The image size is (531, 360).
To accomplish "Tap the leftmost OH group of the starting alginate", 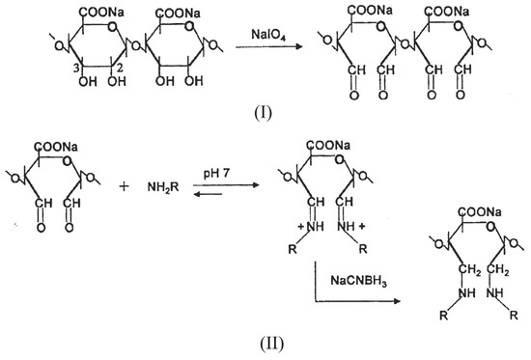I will click(x=62, y=97).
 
